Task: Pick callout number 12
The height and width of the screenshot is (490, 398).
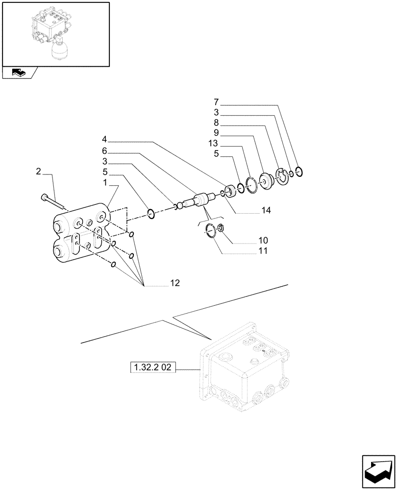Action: [x=175, y=283]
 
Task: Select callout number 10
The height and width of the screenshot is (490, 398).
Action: [x=264, y=241]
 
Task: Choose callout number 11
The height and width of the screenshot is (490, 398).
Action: [x=264, y=251]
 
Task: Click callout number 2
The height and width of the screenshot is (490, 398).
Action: [x=39, y=171]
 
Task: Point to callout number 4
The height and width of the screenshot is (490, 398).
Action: [x=105, y=139]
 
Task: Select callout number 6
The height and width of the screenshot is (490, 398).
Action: [x=105, y=150]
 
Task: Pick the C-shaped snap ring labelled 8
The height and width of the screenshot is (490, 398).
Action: [x=282, y=176]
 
